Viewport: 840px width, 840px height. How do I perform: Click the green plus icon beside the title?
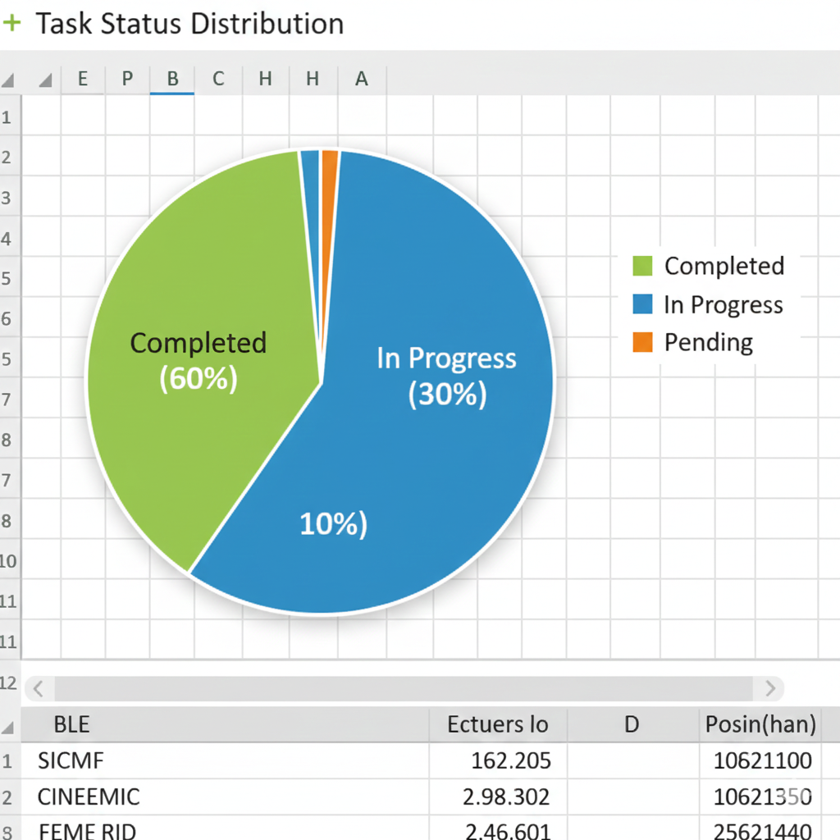click(11, 23)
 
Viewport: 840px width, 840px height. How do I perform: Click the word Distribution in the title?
click(276, 24)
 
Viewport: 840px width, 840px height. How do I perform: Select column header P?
click(127, 79)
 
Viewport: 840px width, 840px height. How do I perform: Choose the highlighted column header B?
click(172, 79)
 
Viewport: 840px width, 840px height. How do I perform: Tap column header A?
click(361, 79)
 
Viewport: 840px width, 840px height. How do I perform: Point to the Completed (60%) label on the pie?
click(199, 360)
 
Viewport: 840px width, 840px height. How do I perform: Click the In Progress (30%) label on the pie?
click(447, 377)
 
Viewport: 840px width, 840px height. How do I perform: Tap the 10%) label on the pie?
click(333, 524)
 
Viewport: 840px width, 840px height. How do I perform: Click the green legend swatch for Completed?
click(643, 266)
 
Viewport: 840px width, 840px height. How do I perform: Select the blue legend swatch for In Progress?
click(643, 304)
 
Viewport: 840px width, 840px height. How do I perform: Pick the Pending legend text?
click(709, 342)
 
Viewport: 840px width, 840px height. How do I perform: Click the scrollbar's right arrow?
click(770, 687)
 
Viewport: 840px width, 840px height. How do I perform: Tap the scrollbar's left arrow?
click(39, 687)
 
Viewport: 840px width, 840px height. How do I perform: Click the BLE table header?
click(71, 724)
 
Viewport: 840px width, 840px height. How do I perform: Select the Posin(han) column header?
click(760, 724)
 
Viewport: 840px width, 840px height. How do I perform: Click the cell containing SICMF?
click(71, 760)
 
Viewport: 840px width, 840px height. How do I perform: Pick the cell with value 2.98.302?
click(507, 797)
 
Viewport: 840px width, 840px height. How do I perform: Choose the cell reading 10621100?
click(763, 760)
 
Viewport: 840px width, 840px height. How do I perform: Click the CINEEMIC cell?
click(89, 797)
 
